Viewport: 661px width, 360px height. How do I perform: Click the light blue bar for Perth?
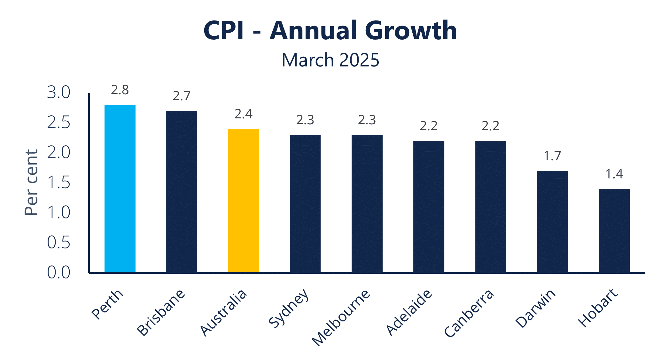[x=120, y=188]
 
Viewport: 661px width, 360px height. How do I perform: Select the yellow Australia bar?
[x=243, y=201]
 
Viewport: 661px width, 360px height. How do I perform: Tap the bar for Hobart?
[x=614, y=231]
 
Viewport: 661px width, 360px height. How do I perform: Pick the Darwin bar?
[x=552, y=222]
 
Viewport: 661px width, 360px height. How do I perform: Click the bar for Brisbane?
[x=182, y=192]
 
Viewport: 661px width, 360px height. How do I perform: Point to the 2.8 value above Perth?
[x=120, y=90]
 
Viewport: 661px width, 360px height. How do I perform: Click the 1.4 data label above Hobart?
[x=614, y=174]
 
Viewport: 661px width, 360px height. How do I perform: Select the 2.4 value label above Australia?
[x=243, y=114]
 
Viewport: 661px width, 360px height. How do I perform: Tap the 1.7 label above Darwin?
[x=552, y=156]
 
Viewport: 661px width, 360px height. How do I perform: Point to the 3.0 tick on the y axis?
[x=58, y=93]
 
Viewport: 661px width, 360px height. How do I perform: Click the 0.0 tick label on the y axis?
[x=58, y=272]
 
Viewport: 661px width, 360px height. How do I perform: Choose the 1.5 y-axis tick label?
[x=58, y=183]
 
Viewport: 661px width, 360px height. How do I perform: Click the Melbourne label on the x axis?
[x=341, y=318]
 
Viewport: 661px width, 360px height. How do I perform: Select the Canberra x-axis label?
[x=469, y=313]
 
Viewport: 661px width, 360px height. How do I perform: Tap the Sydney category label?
[x=289, y=308]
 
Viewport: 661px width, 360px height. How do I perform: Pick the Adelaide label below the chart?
[x=408, y=312]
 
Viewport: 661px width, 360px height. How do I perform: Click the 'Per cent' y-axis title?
[x=31, y=182]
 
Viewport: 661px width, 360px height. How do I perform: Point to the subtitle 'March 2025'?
[x=330, y=60]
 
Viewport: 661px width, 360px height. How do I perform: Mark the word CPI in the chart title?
[x=223, y=31]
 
